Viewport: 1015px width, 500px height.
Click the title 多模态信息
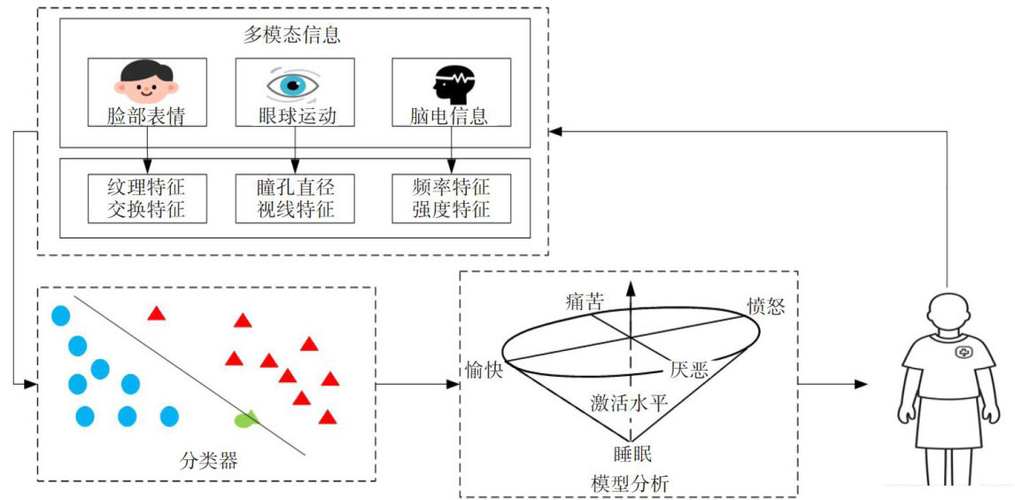(292, 36)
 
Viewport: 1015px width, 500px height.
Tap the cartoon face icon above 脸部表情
(147, 81)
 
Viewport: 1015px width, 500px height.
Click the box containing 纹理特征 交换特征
(148, 199)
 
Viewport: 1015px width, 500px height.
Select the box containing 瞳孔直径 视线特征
(294, 199)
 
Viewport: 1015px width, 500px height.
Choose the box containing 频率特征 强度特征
(451, 199)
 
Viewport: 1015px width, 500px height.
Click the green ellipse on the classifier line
(247, 418)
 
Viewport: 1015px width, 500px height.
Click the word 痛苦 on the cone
(585, 302)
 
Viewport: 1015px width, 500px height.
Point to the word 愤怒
(766, 307)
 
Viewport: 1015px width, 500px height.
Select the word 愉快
(483, 370)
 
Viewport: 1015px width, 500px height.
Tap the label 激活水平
(629, 403)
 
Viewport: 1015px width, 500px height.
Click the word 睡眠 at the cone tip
(632, 454)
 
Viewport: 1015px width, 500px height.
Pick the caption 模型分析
(630, 483)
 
